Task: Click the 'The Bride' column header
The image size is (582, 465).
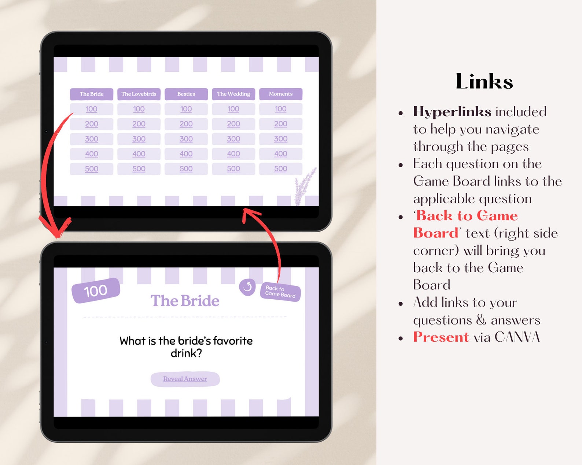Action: (x=92, y=94)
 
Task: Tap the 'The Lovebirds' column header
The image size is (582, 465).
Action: (x=139, y=94)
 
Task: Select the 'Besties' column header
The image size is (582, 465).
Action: (x=186, y=94)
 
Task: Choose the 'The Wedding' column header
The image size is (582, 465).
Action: (x=233, y=94)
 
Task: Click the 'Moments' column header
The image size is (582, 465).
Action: (x=281, y=94)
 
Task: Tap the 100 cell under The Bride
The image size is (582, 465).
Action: (x=92, y=109)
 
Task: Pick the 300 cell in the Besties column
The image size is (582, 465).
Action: (x=186, y=139)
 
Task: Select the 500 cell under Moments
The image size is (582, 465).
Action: (x=281, y=169)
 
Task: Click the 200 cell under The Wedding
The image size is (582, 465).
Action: (x=233, y=124)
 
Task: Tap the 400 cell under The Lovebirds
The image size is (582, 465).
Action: (x=139, y=154)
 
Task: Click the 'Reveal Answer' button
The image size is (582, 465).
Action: (x=185, y=379)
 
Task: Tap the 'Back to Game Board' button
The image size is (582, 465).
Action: (x=280, y=292)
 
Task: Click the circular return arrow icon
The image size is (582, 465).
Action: (x=247, y=287)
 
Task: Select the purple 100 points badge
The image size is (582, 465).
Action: (x=96, y=291)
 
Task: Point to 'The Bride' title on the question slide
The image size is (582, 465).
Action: (x=185, y=301)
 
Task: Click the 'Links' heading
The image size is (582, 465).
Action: (x=484, y=81)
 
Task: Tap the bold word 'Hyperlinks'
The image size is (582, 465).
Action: (x=452, y=112)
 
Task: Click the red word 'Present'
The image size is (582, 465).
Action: (x=441, y=337)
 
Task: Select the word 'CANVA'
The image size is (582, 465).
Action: (x=517, y=337)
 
